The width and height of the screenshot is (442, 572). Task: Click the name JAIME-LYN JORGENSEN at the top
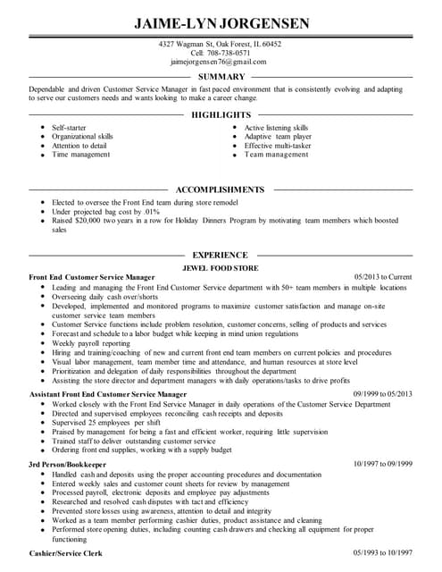click(x=220, y=22)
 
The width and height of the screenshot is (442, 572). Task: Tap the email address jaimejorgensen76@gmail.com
click(x=220, y=62)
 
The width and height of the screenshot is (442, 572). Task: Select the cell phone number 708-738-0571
click(x=229, y=53)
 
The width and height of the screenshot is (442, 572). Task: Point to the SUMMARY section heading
click(x=221, y=77)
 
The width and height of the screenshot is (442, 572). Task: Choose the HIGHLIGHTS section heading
click(x=221, y=115)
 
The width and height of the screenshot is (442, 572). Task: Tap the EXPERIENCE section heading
click(x=221, y=255)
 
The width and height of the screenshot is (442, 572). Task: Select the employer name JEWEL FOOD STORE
click(x=220, y=267)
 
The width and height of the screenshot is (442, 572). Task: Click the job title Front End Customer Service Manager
click(x=92, y=277)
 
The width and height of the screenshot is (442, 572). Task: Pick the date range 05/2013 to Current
click(x=383, y=277)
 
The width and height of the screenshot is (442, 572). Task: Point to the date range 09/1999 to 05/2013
click(x=382, y=393)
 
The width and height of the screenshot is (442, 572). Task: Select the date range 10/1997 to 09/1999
click(x=382, y=464)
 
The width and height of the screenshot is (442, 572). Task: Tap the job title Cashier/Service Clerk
click(x=66, y=554)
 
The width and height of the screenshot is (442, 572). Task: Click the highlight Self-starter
click(x=70, y=128)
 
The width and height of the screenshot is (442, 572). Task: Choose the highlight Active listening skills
click(x=276, y=128)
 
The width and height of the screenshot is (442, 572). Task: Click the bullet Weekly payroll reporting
click(x=91, y=343)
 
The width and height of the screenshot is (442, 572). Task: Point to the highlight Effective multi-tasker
click(x=278, y=146)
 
